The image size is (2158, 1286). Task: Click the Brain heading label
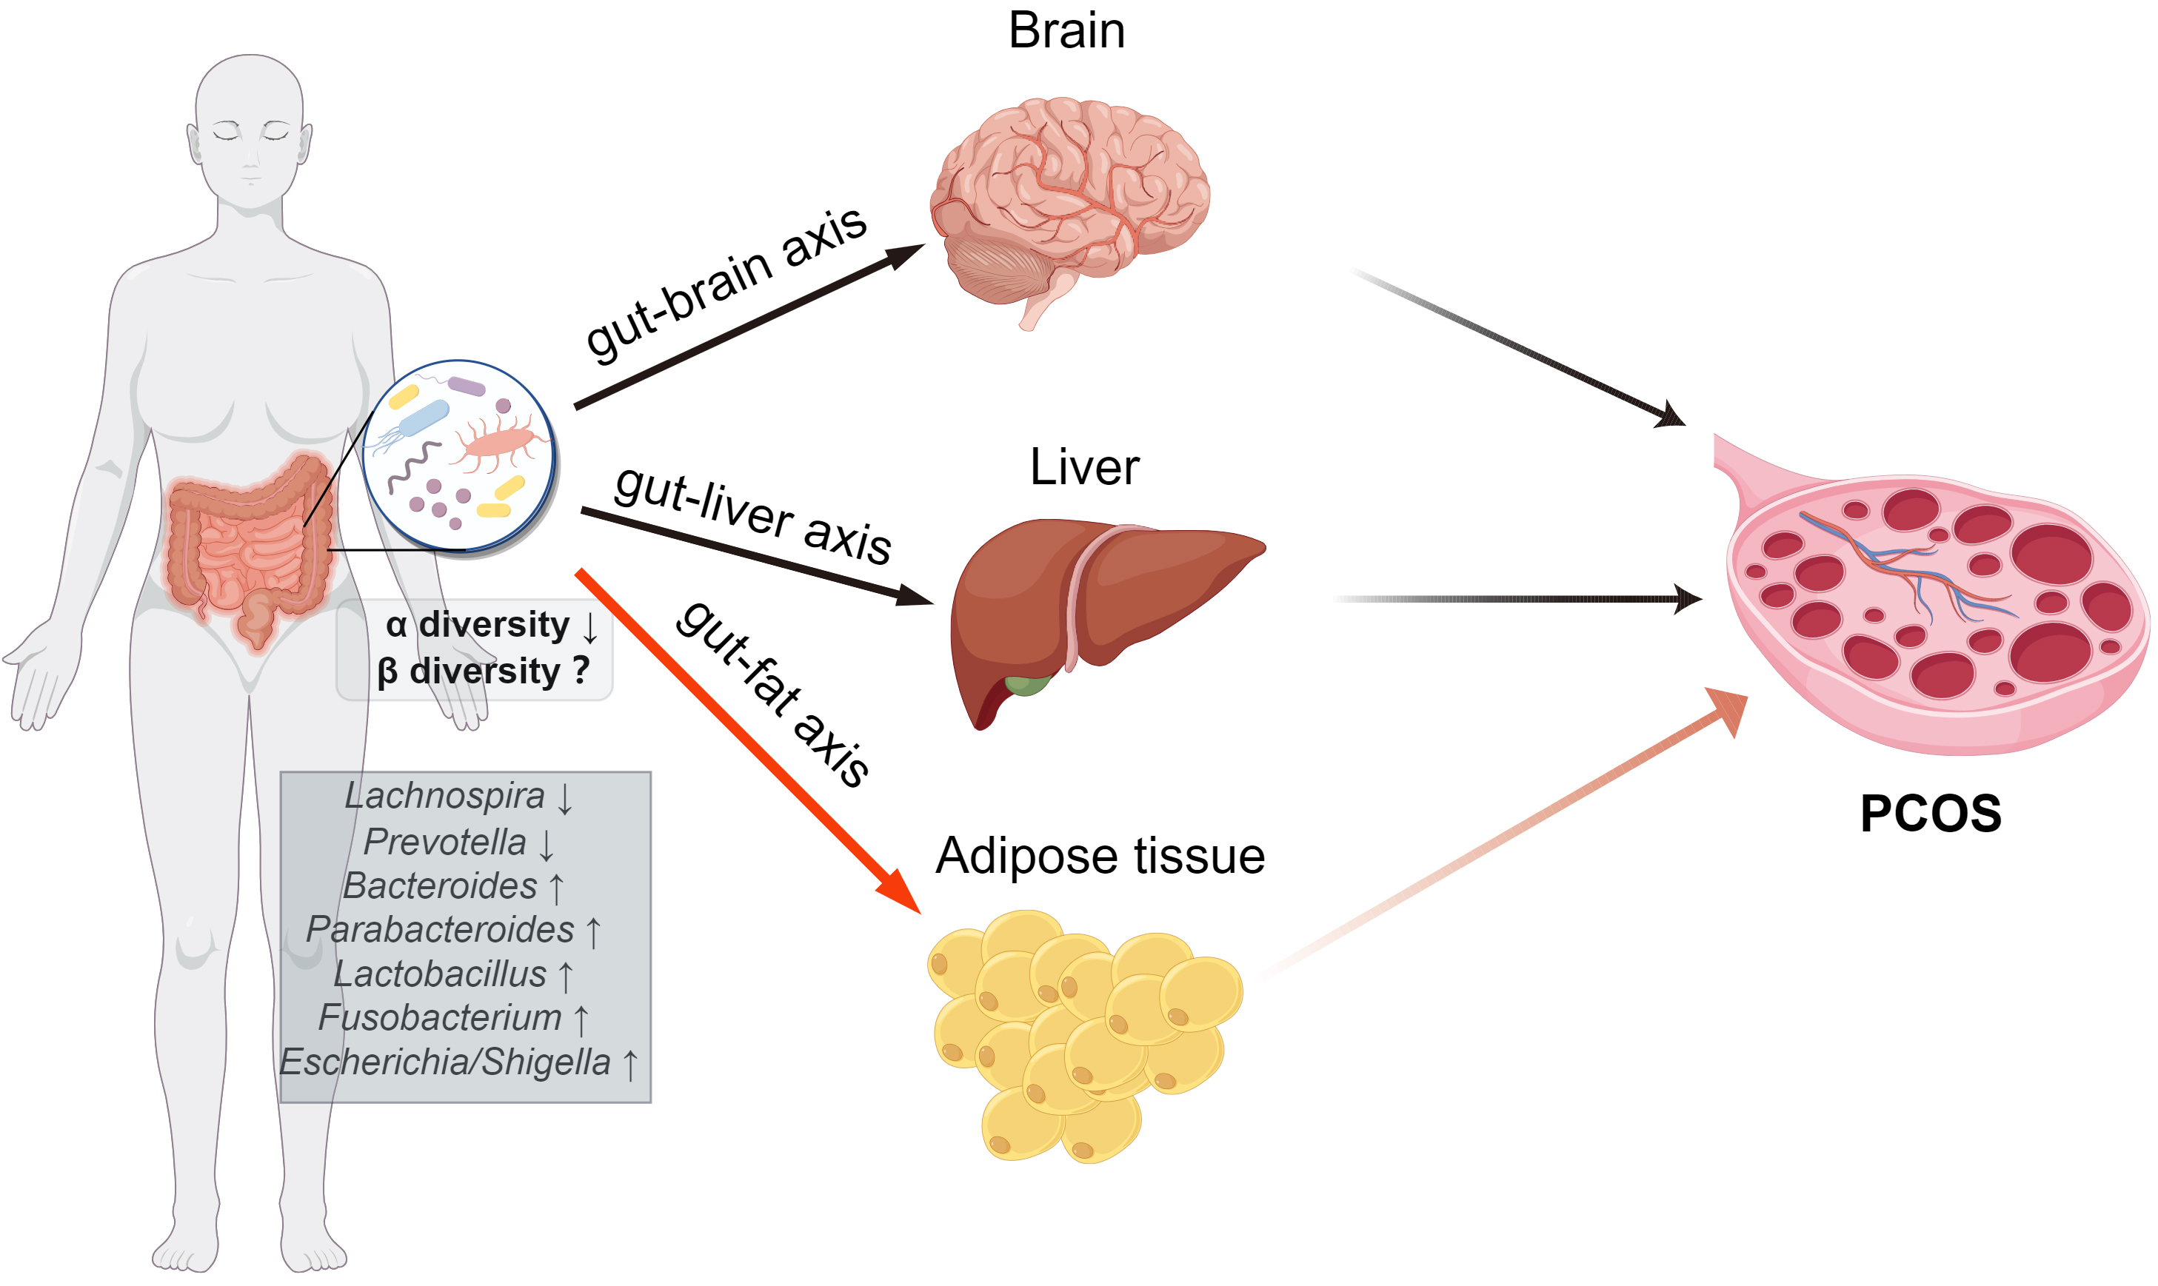coord(1067,31)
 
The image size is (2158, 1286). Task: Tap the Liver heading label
coord(1084,468)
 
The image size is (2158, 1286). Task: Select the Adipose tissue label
coord(1100,856)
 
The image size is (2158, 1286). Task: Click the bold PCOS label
coord(1930,814)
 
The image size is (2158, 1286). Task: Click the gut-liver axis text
coord(752,515)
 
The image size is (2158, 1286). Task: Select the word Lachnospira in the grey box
coord(444,796)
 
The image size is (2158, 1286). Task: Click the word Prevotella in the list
coord(444,842)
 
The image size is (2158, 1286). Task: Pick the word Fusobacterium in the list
coord(441,1018)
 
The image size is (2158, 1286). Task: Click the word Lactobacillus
coord(441,974)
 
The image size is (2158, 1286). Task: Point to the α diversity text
coord(478,625)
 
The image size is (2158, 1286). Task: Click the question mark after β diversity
coord(581,670)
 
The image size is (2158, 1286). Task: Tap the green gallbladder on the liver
coord(1028,685)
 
